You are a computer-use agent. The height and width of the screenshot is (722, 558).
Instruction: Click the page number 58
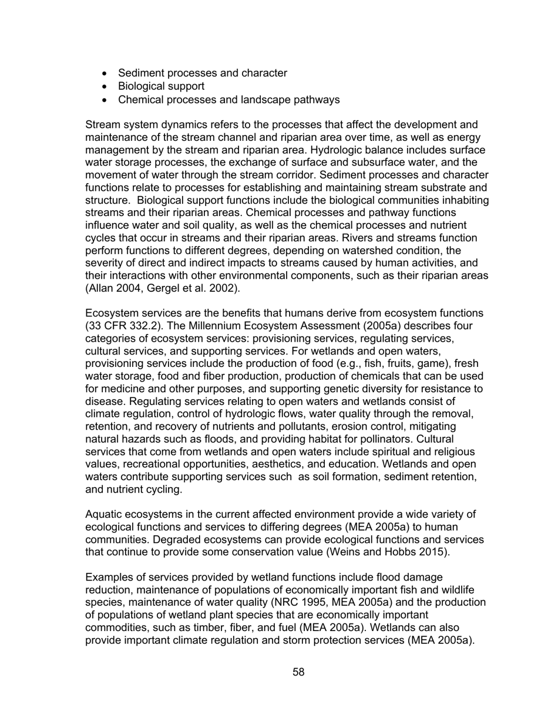click(298, 672)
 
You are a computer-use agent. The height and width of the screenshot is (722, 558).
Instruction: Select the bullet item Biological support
click(161, 86)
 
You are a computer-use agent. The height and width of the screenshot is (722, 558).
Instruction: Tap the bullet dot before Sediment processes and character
click(105, 73)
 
